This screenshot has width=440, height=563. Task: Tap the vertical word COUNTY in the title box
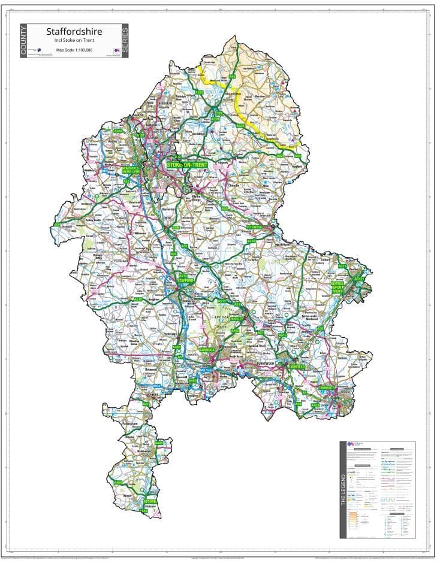[24, 41]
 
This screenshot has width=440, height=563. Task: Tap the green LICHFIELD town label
[297, 365]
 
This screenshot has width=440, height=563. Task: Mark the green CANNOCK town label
[206, 349]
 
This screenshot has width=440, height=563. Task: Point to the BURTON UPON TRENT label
[336, 287]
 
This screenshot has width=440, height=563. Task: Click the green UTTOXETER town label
[255, 228]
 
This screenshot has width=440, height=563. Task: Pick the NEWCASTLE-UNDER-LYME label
[130, 169]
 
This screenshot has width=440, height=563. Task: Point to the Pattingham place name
[130, 423]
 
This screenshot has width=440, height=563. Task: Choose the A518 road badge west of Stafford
[138, 299]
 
